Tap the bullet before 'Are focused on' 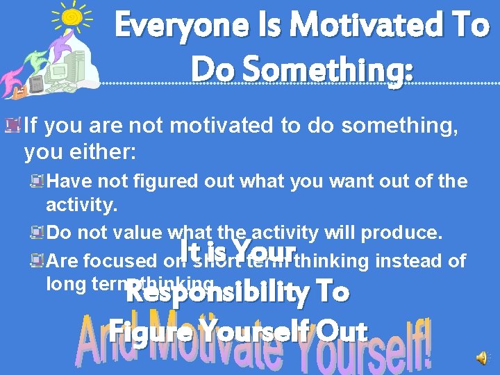(37, 260)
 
